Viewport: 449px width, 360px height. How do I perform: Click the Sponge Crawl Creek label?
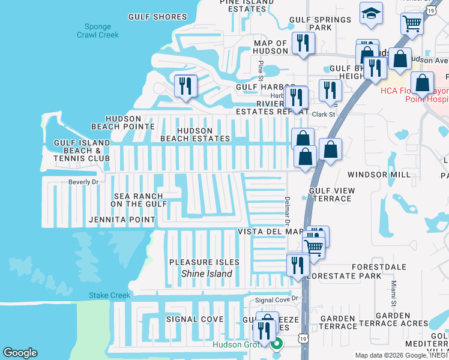pyautogui.click(x=97, y=31)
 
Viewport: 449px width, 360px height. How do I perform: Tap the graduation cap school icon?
pyautogui.click(x=371, y=13)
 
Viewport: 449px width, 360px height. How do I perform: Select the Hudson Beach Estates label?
pyautogui.click(x=195, y=134)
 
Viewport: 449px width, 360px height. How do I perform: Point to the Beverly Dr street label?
pyautogui.click(x=83, y=181)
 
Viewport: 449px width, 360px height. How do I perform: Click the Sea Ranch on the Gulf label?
pyautogui.click(x=138, y=200)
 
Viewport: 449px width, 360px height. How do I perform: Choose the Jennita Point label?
pyautogui.click(x=122, y=220)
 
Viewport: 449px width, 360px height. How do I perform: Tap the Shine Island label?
pyautogui.click(x=206, y=274)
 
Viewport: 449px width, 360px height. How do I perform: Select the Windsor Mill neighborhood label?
pyautogui.click(x=379, y=174)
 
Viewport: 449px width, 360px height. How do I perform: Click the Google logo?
pyautogui.click(x=20, y=353)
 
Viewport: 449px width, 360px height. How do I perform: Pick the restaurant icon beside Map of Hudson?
pyautogui.click(x=303, y=43)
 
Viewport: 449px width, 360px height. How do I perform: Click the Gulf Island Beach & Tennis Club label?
pyautogui.click(x=82, y=150)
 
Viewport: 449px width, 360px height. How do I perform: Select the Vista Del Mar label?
pyautogui.click(x=271, y=232)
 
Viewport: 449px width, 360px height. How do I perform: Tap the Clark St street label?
pyautogui.click(x=323, y=114)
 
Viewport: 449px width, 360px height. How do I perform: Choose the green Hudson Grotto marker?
pyautogui.click(x=277, y=344)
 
